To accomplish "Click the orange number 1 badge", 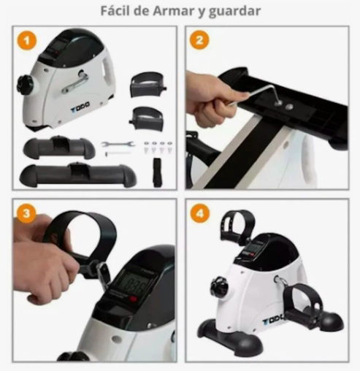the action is click(27, 40).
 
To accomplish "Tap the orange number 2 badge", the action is click(199, 40).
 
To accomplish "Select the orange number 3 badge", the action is click(26, 213).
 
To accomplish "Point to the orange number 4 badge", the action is click(199, 213).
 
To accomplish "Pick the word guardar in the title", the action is click(234, 12).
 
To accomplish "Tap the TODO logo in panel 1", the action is click(80, 107).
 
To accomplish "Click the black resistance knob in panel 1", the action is click(24, 84).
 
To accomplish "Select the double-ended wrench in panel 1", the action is click(118, 144).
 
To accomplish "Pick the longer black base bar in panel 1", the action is click(78, 173).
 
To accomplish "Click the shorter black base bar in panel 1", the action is click(59, 147).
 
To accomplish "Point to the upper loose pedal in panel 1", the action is click(148, 85).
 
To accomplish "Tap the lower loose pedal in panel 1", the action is click(147, 118).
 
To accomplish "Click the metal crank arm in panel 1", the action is click(74, 82).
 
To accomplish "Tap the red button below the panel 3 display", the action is click(133, 299).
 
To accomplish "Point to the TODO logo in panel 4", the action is click(274, 319).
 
